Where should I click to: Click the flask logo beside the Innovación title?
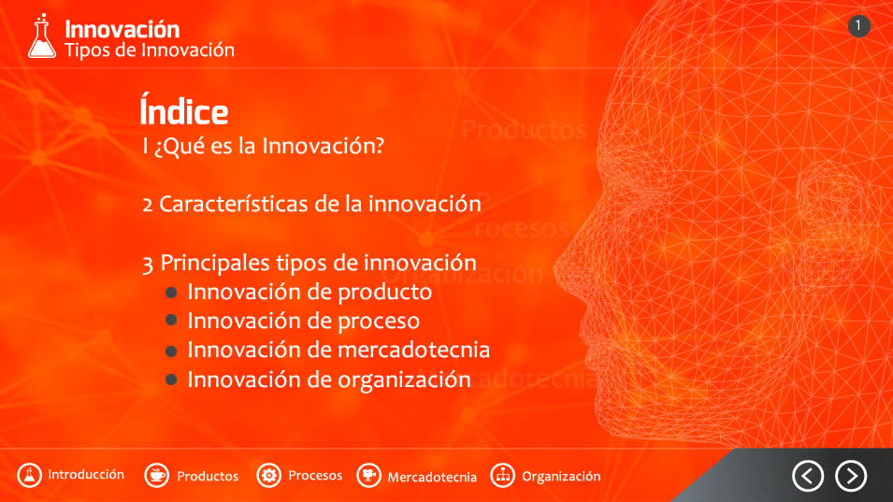click(x=42, y=36)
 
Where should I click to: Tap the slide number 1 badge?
click(x=858, y=26)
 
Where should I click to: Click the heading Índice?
click(x=184, y=110)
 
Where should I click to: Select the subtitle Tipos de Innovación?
click(x=150, y=50)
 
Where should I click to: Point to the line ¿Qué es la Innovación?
click(x=268, y=146)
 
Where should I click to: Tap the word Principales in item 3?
click(x=215, y=263)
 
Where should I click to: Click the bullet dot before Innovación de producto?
click(x=171, y=293)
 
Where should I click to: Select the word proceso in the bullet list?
click(x=379, y=322)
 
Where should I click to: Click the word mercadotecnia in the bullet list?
click(x=414, y=350)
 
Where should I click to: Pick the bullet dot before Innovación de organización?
click(x=171, y=380)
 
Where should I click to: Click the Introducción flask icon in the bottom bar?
click(x=29, y=475)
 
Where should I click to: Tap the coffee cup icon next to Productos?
click(x=156, y=475)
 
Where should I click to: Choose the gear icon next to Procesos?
click(x=268, y=475)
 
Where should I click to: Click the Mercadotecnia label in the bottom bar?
click(x=432, y=477)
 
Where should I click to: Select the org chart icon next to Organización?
click(x=502, y=475)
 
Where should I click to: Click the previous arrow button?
click(x=808, y=476)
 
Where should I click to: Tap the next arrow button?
click(x=852, y=476)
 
